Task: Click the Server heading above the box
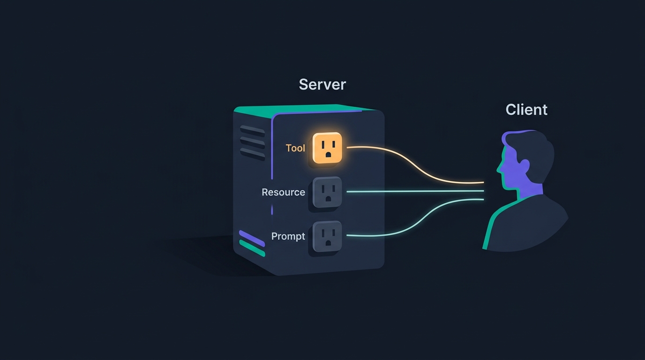coord(322,84)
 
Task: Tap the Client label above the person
coord(526,109)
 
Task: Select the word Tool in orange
coord(295,148)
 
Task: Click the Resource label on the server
coord(283,192)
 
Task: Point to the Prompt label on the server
coord(288,236)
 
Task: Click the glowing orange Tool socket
coord(327,148)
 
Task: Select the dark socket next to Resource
coord(327,192)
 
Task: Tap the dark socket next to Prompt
coord(327,236)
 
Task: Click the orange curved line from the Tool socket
coord(415,165)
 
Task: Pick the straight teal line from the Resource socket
coord(415,191)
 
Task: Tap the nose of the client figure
coord(498,169)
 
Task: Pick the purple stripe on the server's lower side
coord(252,239)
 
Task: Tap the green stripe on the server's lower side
coord(252,248)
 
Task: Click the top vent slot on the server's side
coord(252,131)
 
